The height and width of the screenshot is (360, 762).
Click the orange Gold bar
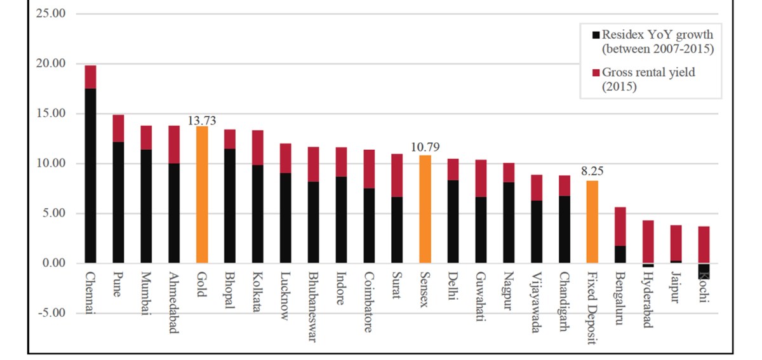(202, 194)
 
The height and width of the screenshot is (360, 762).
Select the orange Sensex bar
(425, 209)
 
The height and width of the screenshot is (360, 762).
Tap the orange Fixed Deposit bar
(592, 222)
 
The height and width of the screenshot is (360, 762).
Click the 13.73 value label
(202, 121)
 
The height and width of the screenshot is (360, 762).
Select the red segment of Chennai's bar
(90, 77)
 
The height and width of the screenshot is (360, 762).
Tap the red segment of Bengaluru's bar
(620, 226)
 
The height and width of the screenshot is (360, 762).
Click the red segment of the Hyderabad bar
(648, 241)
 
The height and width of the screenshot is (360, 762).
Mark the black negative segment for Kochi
(704, 271)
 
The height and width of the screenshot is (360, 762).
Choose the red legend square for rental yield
(595, 74)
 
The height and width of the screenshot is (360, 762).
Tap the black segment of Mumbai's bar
(146, 206)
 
